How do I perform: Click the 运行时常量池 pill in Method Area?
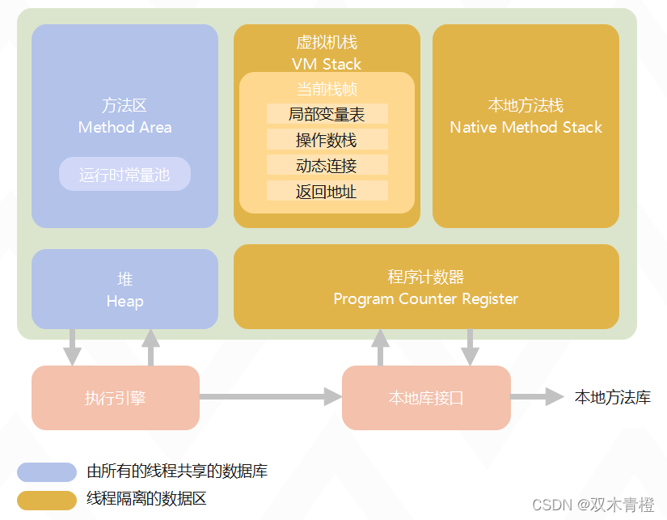coord(125,174)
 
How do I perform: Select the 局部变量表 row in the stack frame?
coord(327,114)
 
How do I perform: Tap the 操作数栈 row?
coord(327,140)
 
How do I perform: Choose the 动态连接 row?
coord(327,166)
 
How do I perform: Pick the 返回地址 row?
coord(327,192)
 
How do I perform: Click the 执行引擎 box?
coord(116,397)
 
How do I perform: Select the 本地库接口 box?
coord(426,397)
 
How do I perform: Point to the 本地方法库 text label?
coord(612,397)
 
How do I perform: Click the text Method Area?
coord(125,127)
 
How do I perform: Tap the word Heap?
coord(125,301)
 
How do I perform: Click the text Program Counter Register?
coord(425,298)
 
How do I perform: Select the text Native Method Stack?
coord(526,127)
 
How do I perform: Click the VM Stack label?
coord(327,64)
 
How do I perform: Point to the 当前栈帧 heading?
coord(327,88)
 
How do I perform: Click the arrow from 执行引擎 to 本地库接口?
coord(270,396)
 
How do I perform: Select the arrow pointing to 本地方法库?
coord(537,396)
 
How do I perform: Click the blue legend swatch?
coord(47,471)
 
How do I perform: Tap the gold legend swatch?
coord(47,499)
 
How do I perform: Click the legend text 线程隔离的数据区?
coord(146,498)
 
